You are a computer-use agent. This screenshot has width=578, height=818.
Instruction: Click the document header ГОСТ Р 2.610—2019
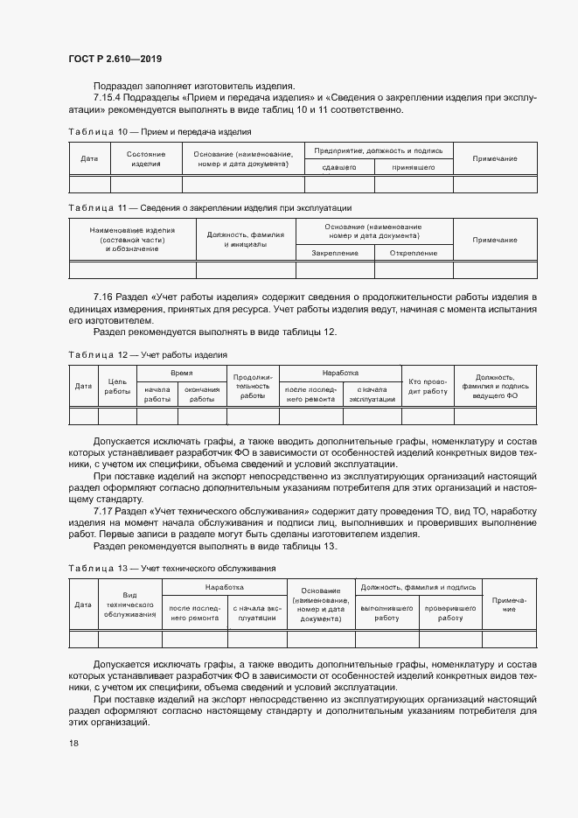point(115,59)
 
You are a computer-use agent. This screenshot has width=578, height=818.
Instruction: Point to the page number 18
point(73,743)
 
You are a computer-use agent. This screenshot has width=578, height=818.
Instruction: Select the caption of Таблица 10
point(159,131)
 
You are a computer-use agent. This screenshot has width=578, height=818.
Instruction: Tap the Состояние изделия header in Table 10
point(146,158)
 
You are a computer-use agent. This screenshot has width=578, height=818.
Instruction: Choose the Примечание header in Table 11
point(495,239)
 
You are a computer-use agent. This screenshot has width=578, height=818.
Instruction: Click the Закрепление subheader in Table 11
point(334,253)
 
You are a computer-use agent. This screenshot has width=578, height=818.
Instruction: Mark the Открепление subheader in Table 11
point(414,253)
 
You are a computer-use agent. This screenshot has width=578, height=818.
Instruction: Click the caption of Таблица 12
point(148,354)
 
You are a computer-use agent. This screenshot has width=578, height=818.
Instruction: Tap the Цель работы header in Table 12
point(117,386)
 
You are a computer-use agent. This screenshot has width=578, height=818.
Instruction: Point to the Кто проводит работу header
point(428,386)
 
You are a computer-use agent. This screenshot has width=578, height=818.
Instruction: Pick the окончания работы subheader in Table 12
point(202,394)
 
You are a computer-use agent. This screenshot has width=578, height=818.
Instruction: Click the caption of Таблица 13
point(172,568)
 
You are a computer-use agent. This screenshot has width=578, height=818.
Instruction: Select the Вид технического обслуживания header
point(129,604)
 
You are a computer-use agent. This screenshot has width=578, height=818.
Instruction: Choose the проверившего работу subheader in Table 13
point(449,612)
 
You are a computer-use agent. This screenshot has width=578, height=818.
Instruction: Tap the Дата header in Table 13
point(84,604)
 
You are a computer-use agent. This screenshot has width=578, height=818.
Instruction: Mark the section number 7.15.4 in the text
point(110,99)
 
